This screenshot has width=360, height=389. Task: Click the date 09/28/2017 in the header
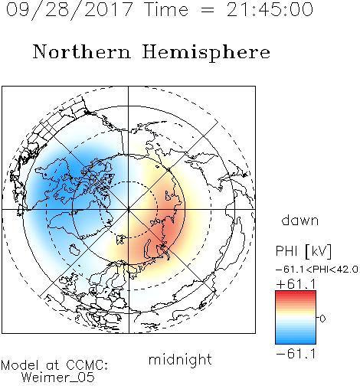click(x=69, y=9)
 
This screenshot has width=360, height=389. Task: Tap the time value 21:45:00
click(x=270, y=9)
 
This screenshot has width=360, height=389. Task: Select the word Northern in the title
click(x=82, y=51)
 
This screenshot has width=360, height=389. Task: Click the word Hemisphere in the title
click(x=206, y=52)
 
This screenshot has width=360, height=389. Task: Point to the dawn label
click(x=300, y=220)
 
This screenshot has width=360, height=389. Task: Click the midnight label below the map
click(x=180, y=360)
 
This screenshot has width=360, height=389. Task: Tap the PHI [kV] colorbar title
click(x=303, y=251)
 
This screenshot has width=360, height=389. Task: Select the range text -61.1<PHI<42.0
click(x=317, y=270)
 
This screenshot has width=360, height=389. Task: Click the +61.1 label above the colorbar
click(x=296, y=284)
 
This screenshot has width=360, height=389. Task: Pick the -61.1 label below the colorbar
click(x=296, y=354)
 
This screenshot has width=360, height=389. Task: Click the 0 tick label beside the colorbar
click(x=322, y=319)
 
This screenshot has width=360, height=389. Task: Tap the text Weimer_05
click(x=58, y=377)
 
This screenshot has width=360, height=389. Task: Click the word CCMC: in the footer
click(x=87, y=365)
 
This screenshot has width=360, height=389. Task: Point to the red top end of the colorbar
click(x=296, y=293)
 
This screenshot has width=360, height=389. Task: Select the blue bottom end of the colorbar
click(x=296, y=342)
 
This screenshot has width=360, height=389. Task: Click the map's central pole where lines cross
click(x=129, y=210)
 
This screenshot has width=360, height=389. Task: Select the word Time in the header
click(x=166, y=9)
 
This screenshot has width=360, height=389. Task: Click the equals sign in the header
click(x=207, y=10)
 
